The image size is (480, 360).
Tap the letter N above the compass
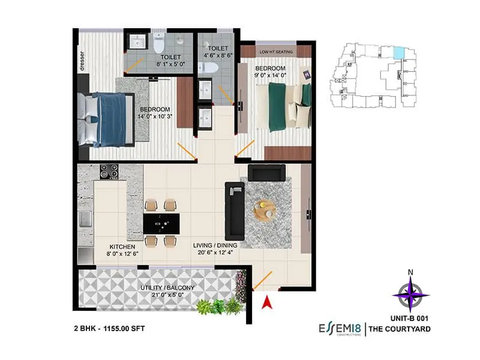click(410, 272)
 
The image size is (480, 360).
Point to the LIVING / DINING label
click(215, 245)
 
